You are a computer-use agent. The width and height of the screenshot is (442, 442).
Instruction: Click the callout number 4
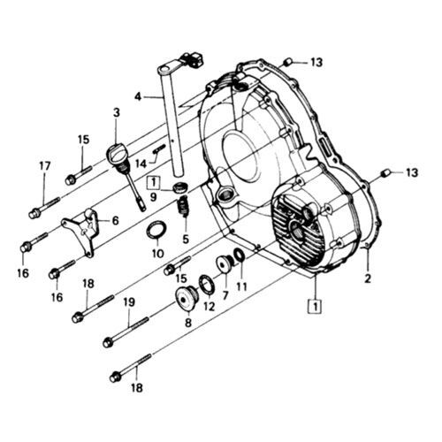pyautogui.click(x=138, y=97)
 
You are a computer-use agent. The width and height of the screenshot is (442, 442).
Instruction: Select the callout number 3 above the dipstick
pyautogui.click(x=117, y=113)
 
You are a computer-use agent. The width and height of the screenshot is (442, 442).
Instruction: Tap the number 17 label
pyautogui.click(x=45, y=166)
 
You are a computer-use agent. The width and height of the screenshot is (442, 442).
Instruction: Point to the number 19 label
pyautogui.click(x=129, y=302)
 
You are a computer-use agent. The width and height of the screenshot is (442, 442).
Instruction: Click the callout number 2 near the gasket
pyautogui.click(x=368, y=278)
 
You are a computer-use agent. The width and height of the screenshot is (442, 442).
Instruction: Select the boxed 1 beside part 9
pyautogui.click(x=154, y=183)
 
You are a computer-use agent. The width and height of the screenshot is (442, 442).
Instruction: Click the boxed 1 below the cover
pyautogui.click(x=316, y=307)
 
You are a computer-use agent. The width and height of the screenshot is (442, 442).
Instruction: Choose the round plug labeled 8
pyautogui.click(x=186, y=298)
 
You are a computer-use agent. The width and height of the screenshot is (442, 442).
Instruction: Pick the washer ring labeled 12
pyautogui.click(x=207, y=284)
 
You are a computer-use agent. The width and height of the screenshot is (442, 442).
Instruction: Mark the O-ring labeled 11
pyautogui.click(x=240, y=255)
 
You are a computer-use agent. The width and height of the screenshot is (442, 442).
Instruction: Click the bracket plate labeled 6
pyautogui.click(x=82, y=232)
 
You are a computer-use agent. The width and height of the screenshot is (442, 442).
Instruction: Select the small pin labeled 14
pyautogui.click(x=159, y=149)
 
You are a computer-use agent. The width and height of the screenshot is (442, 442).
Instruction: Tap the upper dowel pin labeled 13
pyautogui.click(x=287, y=63)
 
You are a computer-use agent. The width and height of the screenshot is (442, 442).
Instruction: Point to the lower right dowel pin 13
pyautogui.click(x=386, y=173)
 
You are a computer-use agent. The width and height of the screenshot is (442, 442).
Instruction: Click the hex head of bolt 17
pyautogui.click(x=34, y=213)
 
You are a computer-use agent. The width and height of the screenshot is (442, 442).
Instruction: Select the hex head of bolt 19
pyautogui.click(x=108, y=343)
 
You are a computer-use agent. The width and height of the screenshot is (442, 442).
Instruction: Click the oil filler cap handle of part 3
pyautogui.click(x=117, y=151)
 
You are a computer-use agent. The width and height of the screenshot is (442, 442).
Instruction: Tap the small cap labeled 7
pyautogui.click(x=225, y=263)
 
